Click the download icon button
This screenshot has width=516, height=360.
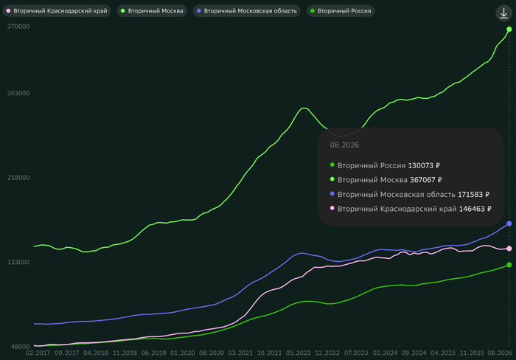point(503,13)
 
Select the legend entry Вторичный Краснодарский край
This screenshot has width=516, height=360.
point(57,11)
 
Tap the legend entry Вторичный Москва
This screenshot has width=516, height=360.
point(152,11)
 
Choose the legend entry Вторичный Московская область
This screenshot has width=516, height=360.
point(247,11)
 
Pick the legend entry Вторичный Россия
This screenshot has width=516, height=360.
point(341,11)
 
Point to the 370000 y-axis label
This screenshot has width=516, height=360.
point(18,27)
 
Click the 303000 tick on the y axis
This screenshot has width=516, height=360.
point(18,93)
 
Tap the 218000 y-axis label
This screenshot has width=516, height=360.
point(18,178)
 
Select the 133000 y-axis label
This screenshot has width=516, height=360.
point(18,262)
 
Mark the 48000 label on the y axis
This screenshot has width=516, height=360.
point(21,347)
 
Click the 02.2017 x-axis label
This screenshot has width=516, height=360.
point(38,353)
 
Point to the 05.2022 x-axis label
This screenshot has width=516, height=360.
point(298,353)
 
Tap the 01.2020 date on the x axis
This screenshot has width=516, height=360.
point(183,353)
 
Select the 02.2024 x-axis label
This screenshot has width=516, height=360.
point(385,353)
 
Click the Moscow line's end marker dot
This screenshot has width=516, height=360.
point(509,30)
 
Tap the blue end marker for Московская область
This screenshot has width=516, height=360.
point(509,224)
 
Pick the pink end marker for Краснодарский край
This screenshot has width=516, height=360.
point(509,249)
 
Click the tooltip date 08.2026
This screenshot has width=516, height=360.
point(344,145)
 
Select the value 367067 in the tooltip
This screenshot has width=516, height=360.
point(422,180)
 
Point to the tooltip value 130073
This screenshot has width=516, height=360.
point(421,165)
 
